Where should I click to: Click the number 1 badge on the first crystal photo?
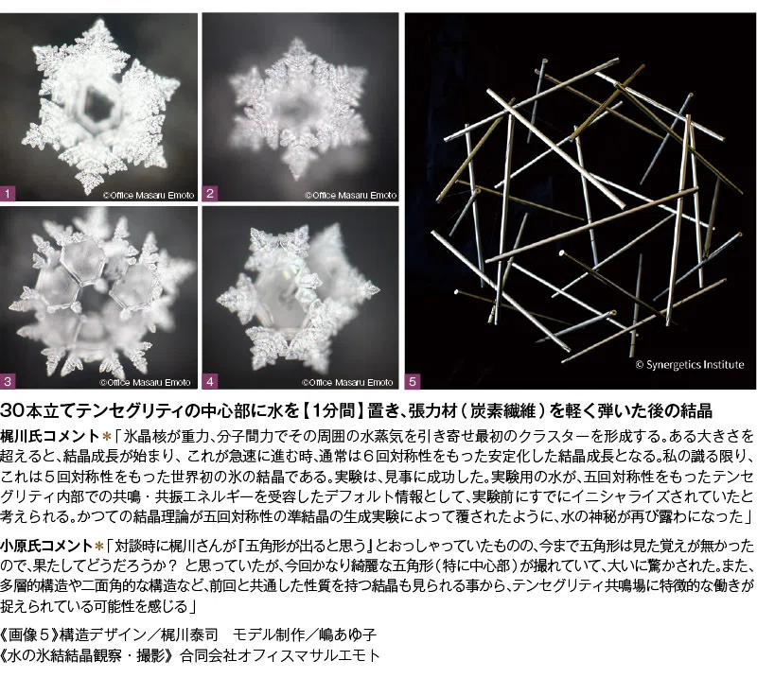click(x=8, y=194)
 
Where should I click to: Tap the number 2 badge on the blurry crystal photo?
click(x=209, y=194)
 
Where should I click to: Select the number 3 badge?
click(x=8, y=382)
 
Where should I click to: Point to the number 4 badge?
click(x=209, y=382)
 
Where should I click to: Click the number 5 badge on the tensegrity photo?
click(x=413, y=382)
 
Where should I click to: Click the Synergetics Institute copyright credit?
click(x=690, y=365)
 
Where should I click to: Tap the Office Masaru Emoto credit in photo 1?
click(x=149, y=196)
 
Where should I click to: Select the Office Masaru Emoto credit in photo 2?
click(x=350, y=196)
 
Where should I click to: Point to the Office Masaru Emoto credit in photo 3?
click(x=146, y=383)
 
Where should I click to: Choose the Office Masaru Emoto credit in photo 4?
click(x=347, y=383)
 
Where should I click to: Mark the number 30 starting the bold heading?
click(x=11, y=411)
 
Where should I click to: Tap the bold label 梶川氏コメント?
click(x=50, y=436)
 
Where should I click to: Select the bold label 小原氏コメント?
click(x=45, y=546)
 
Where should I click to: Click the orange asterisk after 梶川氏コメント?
click(x=107, y=437)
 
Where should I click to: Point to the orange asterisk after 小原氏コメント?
click(x=99, y=546)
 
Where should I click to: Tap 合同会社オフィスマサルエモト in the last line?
click(x=280, y=656)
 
